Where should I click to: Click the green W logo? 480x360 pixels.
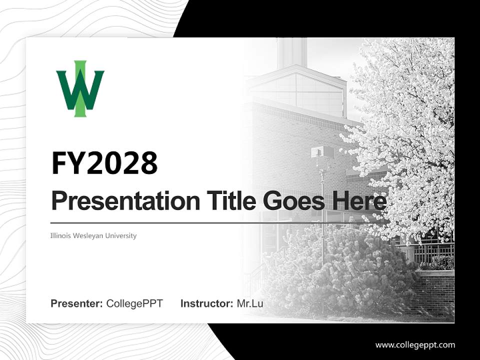tap(80, 89)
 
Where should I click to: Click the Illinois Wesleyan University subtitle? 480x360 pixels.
tap(93, 235)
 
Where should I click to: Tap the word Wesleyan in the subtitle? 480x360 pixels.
tap(91, 235)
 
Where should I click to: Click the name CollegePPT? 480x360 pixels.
tap(134, 303)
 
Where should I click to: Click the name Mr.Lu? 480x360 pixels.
tap(250, 303)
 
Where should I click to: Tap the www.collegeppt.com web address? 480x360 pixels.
tap(415, 345)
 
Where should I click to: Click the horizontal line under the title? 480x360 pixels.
tap(200, 222)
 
